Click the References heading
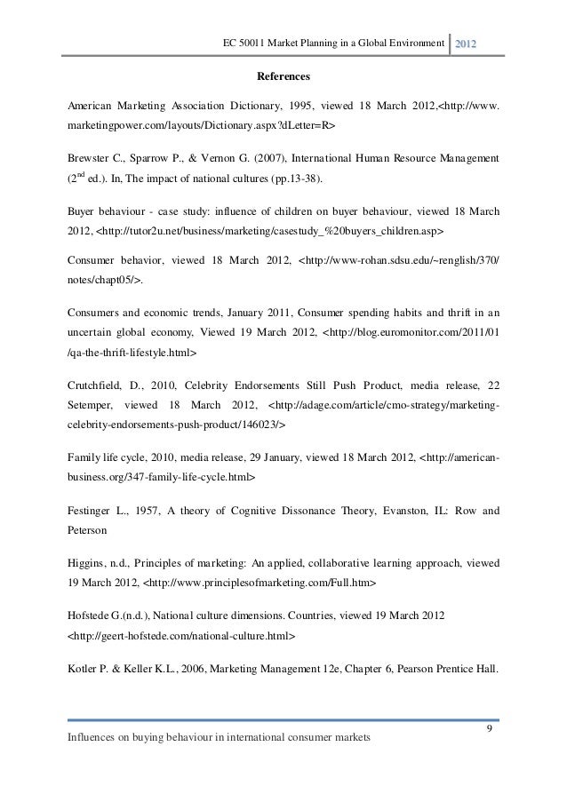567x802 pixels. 283,76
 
